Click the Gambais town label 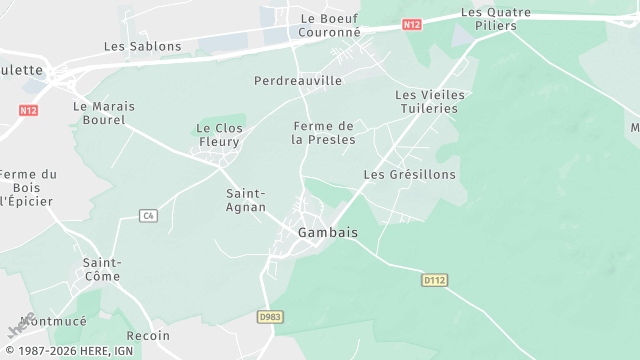pos(328,232)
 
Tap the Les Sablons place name pos(143,47)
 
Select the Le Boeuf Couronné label pos(329,25)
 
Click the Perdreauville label pos(298,80)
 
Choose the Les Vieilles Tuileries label pos(430,101)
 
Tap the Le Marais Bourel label pos(99,113)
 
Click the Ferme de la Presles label pos(323,133)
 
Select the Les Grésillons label pos(409,174)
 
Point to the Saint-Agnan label pos(246,200)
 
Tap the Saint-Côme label pos(102,269)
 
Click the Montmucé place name pos(53,322)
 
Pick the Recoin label pos(149,336)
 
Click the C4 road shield pos(148,215)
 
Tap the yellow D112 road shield pos(433,281)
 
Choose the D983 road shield pos(270,317)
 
